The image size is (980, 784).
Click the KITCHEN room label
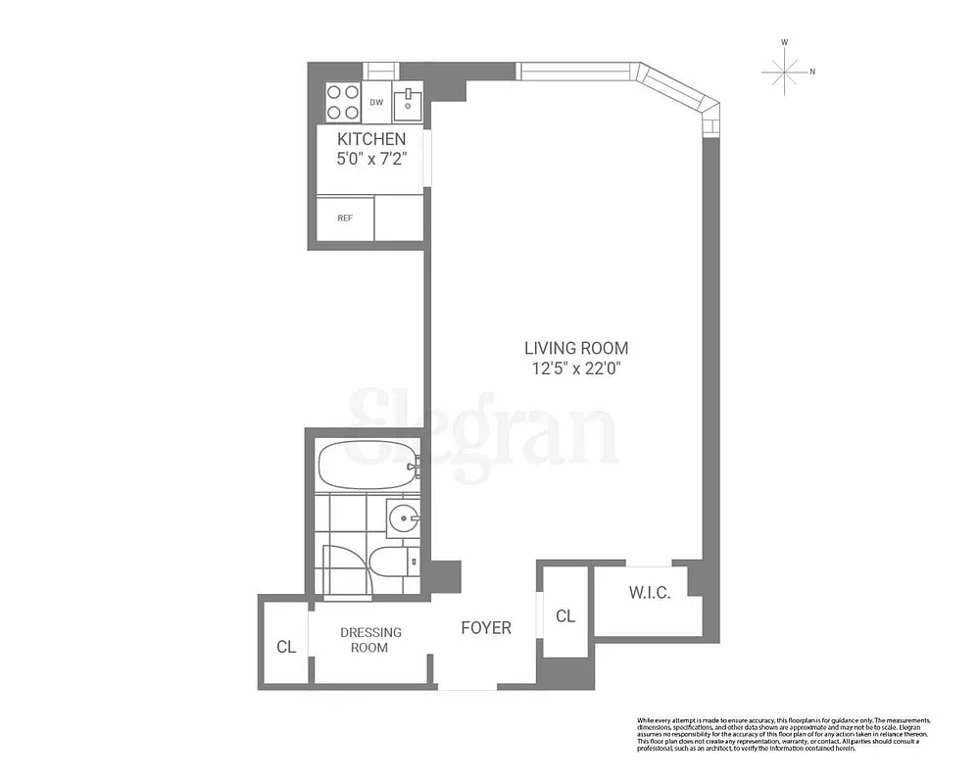tap(371, 139)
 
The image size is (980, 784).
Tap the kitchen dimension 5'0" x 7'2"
tap(371, 156)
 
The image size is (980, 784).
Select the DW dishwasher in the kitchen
tap(376, 102)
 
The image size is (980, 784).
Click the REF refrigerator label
tap(345, 218)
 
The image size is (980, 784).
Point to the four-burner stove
tap(343, 100)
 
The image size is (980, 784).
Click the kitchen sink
tap(407, 101)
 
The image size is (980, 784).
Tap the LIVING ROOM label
tap(576, 348)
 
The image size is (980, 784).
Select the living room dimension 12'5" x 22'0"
tap(576, 368)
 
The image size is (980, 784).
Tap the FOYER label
tap(486, 627)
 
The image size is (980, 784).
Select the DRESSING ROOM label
tap(370, 640)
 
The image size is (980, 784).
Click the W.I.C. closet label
tap(649, 593)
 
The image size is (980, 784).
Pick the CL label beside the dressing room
tap(285, 647)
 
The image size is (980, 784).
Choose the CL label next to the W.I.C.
tap(565, 615)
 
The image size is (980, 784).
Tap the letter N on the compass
tap(812, 71)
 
